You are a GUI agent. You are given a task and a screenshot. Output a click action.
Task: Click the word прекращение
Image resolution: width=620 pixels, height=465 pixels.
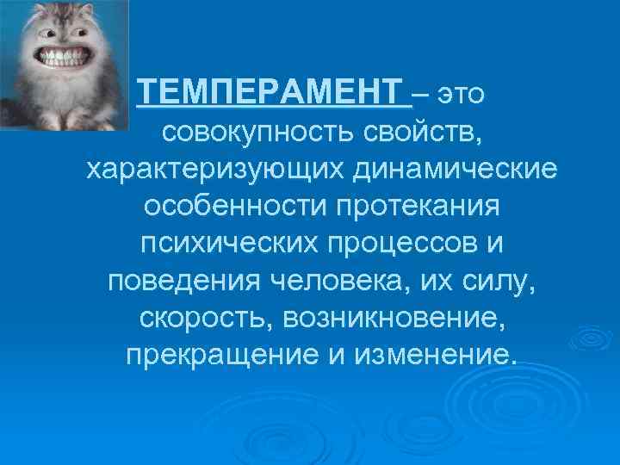[204, 355]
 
